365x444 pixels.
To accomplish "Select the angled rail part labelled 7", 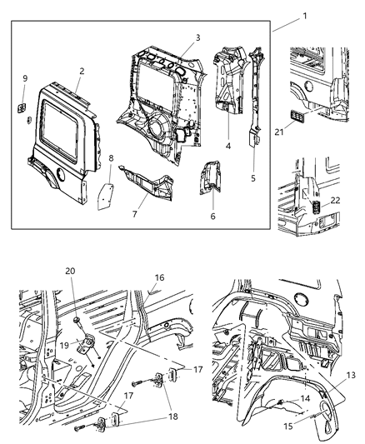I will (x=147, y=184).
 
